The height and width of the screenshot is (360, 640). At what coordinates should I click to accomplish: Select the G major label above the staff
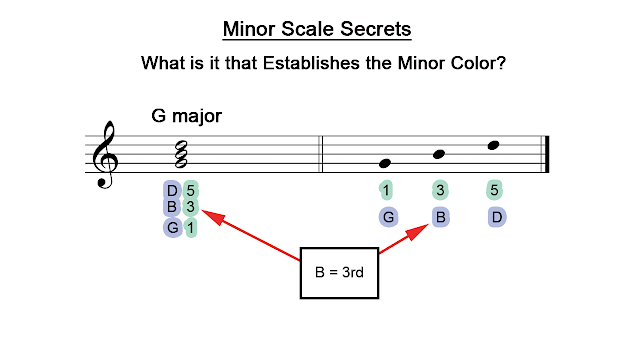coord(186,116)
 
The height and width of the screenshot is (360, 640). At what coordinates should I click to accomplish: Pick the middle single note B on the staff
coord(438,154)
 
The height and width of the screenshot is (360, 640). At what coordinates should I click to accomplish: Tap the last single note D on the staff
coord(492,146)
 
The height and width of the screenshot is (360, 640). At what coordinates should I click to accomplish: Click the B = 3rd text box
coord(340,271)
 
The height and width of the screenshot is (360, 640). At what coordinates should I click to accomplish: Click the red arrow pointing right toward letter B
coord(405,241)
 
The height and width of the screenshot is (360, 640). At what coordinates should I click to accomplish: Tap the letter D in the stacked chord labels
coord(172,190)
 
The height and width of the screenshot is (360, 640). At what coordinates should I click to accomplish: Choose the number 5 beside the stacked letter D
coord(191,190)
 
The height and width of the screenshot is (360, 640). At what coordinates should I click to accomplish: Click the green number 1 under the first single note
coord(386,189)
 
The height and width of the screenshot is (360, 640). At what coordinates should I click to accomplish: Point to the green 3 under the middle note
coord(439,189)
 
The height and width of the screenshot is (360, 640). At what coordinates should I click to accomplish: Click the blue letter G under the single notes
coord(386,217)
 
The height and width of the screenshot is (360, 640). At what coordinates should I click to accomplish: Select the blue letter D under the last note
coord(495,217)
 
